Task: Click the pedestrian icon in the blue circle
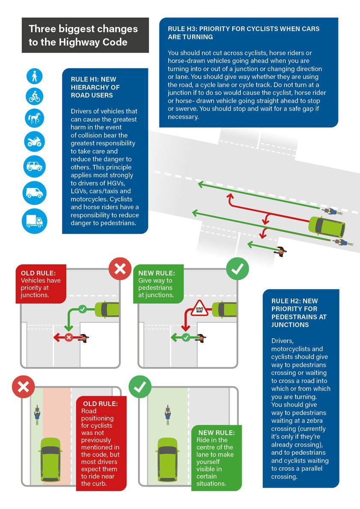[34, 76]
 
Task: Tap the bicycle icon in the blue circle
[34, 96]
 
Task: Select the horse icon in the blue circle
[34, 117]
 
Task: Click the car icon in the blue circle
[34, 167]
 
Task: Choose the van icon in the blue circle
[34, 193]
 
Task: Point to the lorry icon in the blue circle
[34, 221]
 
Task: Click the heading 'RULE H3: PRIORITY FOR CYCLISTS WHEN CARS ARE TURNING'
[243, 33]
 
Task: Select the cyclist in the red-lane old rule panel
[38, 415]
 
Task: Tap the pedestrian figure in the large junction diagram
[281, 251]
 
